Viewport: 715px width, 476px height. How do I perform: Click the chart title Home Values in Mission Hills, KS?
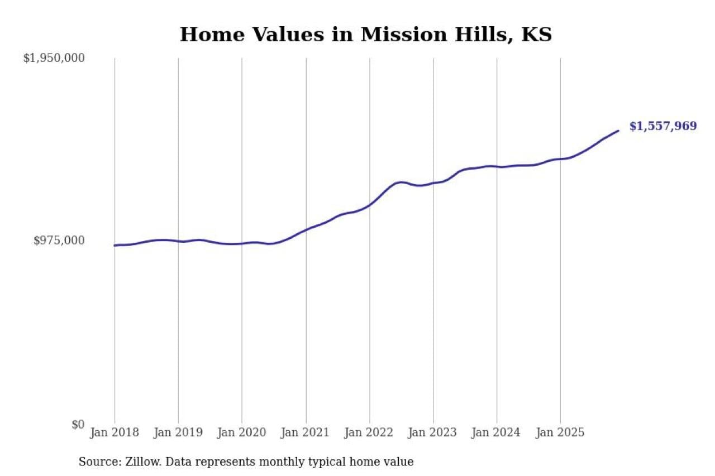[x=365, y=35]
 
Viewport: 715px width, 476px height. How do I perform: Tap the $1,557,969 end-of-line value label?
[x=663, y=126]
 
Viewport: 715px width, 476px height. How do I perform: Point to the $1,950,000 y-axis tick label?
[x=54, y=57]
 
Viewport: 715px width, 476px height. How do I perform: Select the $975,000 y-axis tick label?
[x=59, y=241]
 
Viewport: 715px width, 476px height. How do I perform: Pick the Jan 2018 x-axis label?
[x=114, y=432]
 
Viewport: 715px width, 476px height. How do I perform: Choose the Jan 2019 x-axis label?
[x=178, y=432]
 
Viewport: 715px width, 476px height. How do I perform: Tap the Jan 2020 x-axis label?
[x=241, y=432]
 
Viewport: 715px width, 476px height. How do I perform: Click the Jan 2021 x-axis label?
[x=306, y=432]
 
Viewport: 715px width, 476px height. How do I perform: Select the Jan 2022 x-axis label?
[x=369, y=432]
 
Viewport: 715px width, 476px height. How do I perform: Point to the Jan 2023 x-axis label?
[x=433, y=432]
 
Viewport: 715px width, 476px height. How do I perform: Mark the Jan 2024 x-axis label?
[x=497, y=432]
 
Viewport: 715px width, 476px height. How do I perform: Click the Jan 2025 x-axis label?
[x=560, y=432]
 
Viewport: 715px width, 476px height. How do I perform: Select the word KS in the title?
[x=536, y=35]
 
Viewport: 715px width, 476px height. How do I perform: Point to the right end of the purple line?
[x=618, y=131]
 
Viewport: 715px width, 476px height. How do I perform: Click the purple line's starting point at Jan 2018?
[x=115, y=246]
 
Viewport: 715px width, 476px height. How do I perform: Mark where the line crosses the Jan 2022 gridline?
[x=369, y=205]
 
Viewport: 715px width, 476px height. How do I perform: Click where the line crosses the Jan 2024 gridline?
[x=497, y=166]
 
